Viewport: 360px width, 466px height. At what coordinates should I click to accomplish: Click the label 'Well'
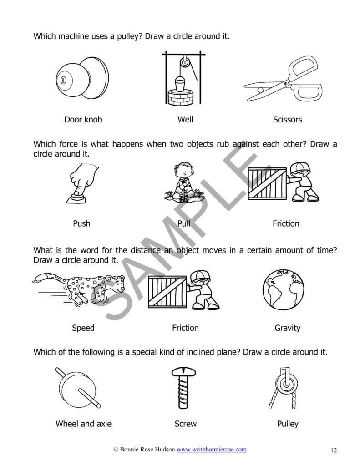click(x=185, y=120)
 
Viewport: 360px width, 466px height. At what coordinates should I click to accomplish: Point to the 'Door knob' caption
click(x=83, y=120)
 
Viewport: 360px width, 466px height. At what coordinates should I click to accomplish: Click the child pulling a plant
click(x=182, y=184)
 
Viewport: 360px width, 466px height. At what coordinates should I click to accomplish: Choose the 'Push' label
click(x=81, y=223)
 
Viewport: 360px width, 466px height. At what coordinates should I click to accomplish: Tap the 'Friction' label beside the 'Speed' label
click(x=185, y=328)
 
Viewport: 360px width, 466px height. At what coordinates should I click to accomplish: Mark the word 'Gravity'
click(x=287, y=328)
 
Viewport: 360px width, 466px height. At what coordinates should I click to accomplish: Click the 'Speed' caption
click(x=83, y=328)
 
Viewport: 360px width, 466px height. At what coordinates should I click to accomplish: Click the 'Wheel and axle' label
click(x=83, y=424)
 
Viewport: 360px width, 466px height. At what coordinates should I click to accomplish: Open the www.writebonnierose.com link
click(x=212, y=450)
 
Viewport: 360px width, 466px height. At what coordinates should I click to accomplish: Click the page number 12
click(x=334, y=451)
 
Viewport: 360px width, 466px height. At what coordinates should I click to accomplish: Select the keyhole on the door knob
click(x=63, y=80)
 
